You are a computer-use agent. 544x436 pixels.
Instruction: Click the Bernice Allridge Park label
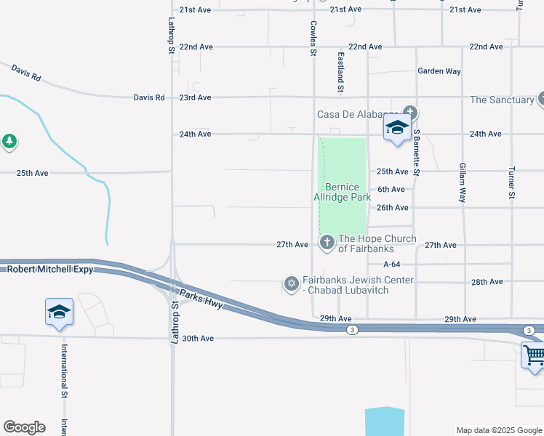(x=343, y=192)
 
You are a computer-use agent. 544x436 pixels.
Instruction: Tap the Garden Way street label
(x=439, y=71)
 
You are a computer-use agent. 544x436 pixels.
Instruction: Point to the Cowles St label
(x=313, y=39)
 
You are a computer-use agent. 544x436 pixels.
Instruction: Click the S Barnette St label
(x=417, y=153)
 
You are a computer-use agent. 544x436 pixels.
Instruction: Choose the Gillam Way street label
(x=463, y=182)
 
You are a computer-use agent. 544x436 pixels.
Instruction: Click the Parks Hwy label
(x=209, y=300)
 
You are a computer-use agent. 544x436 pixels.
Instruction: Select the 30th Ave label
(x=198, y=339)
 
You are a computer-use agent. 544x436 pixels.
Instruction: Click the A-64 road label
(x=391, y=265)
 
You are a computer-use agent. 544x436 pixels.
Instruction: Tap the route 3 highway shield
(x=352, y=330)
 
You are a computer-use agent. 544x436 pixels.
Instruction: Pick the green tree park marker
(x=9, y=140)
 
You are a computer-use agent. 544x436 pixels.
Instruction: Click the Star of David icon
(x=292, y=283)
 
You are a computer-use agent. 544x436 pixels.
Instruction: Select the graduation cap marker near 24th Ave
(x=397, y=128)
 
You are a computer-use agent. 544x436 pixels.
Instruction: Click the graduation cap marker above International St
(x=59, y=312)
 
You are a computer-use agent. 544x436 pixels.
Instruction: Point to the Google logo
(x=24, y=427)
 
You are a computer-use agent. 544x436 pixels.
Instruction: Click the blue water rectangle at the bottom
(x=384, y=421)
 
